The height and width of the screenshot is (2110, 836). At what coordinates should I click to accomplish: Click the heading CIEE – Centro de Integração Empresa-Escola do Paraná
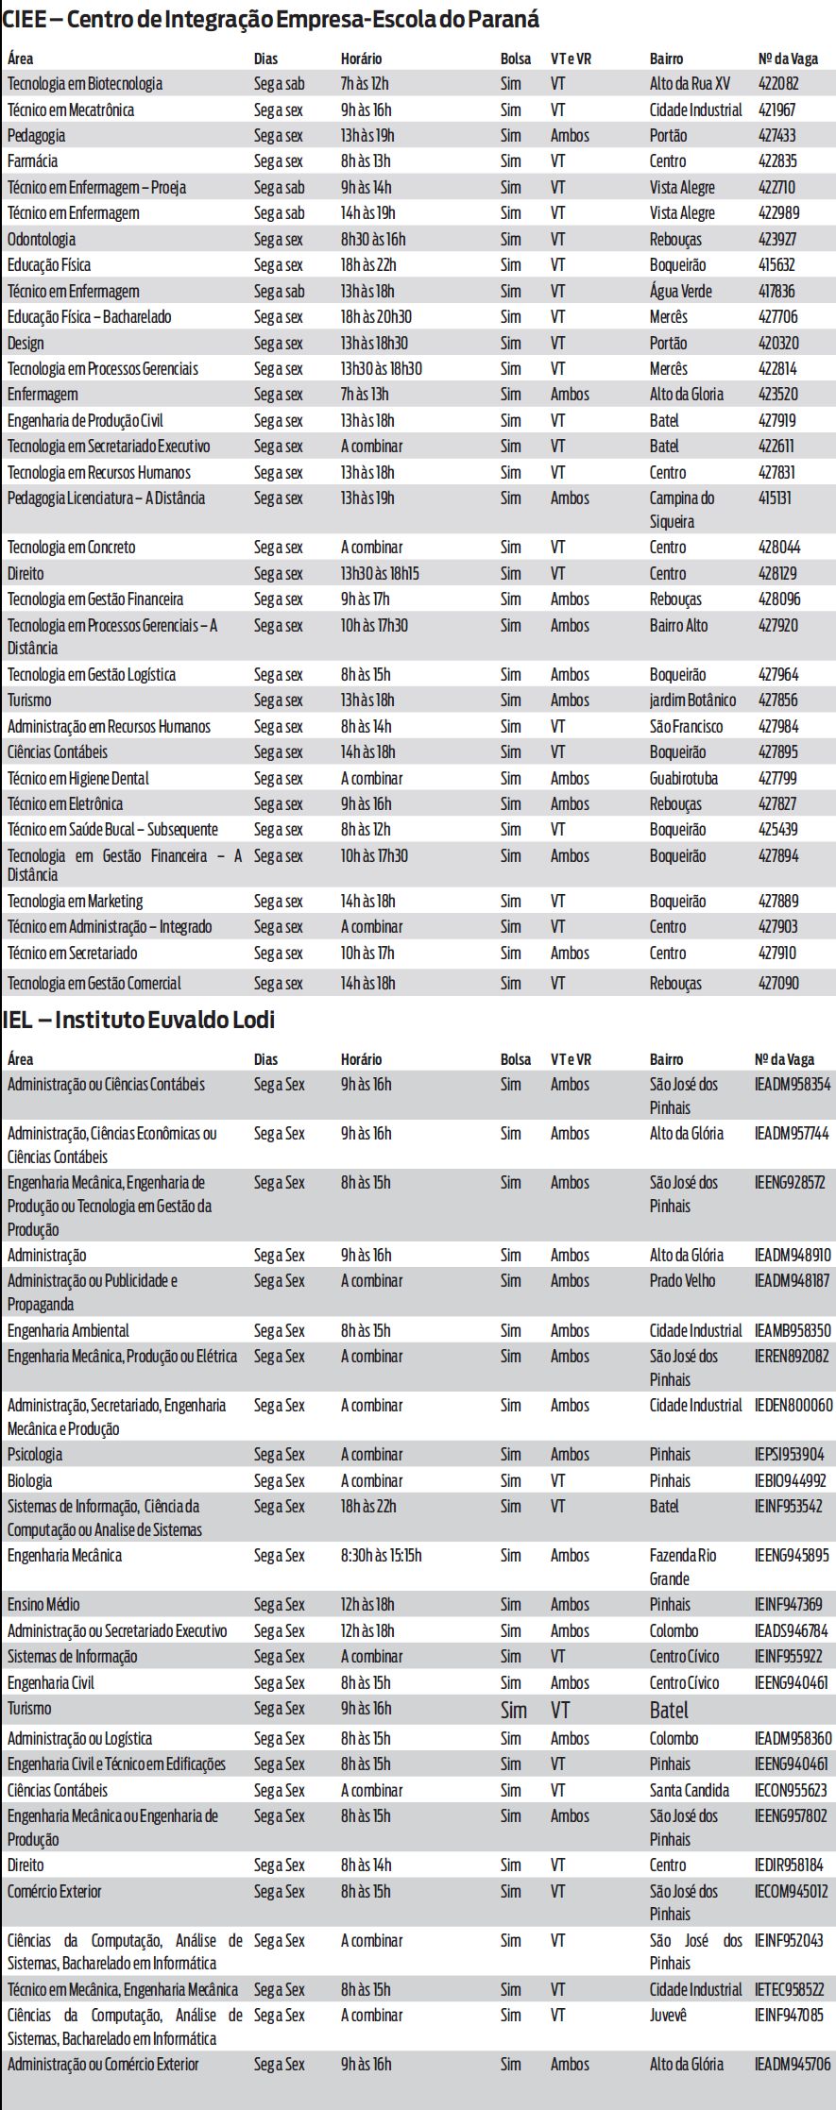pyautogui.click(x=270, y=19)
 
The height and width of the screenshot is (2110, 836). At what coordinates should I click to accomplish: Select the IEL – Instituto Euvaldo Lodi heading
pyautogui.click(x=138, y=1021)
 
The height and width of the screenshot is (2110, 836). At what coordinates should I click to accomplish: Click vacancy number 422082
pyautogui.click(x=778, y=84)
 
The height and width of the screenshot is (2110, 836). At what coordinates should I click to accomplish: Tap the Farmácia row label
pyautogui.click(x=33, y=161)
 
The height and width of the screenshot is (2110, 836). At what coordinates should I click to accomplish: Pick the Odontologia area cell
pyautogui.click(x=42, y=240)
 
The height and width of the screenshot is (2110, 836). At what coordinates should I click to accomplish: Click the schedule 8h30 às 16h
pyautogui.click(x=373, y=240)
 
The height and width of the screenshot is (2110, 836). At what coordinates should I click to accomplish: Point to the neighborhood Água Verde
pyautogui.click(x=681, y=292)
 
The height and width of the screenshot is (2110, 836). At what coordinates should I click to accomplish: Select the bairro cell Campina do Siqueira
pyautogui.click(x=681, y=510)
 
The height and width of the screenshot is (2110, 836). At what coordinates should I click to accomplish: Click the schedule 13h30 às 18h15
pyautogui.click(x=380, y=574)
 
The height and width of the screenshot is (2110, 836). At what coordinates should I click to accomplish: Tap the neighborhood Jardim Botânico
pyautogui.click(x=692, y=701)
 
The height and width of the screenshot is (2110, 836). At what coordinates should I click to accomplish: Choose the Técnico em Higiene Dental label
pyautogui.click(x=78, y=779)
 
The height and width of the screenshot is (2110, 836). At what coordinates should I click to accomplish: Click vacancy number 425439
pyautogui.click(x=778, y=830)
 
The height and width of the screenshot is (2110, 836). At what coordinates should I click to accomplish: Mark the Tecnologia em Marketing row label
pyautogui.click(x=76, y=902)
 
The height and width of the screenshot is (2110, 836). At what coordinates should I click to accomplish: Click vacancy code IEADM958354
pyautogui.click(x=793, y=1085)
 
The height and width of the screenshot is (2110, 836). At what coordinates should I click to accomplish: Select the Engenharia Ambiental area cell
pyautogui.click(x=68, y=1331)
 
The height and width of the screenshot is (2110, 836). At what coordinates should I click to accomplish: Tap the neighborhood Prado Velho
pyautogui.click(x=682, y=1281)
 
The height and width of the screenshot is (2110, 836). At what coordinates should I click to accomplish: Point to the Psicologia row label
pyautogui.click(x=35, y=1455)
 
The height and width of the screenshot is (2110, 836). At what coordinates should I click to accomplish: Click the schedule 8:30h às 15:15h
pyautogui.click(x=382, y=1556)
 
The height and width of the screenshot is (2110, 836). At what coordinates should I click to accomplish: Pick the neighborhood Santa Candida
pyautogui.click(x=690, y=1791)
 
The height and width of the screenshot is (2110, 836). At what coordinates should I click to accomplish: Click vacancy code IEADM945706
pyautogui.click(x=793, y=2065)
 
